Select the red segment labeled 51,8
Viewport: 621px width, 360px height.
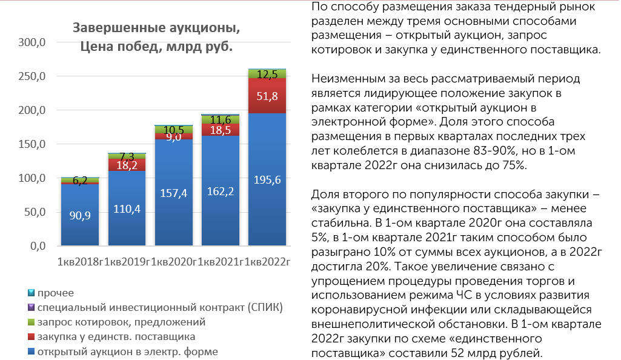pos(267,96)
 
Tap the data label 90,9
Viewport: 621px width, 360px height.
pos(81,216)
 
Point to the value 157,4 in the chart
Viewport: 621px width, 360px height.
pos(174,193)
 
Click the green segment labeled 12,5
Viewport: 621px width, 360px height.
pos(267,74)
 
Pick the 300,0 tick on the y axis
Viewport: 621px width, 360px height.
pos(34,43)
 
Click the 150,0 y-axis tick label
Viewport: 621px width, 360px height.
pos(34,145)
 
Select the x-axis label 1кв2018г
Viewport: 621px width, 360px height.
pos(81,262)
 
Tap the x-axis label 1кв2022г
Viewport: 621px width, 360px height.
pos(267,262)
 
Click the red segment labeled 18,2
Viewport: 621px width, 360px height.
pos(127,164)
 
